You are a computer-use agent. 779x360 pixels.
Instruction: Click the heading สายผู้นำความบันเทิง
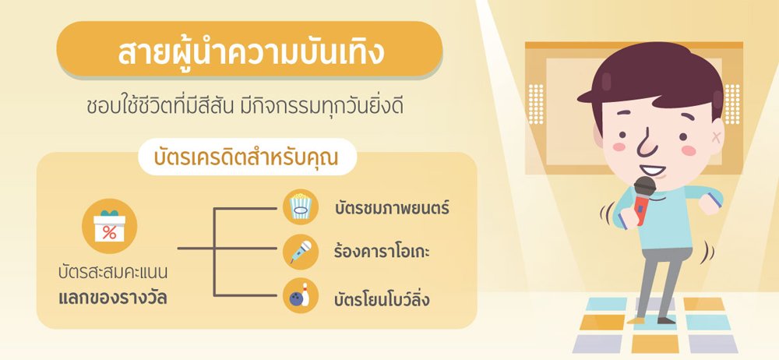[x=251, y=53]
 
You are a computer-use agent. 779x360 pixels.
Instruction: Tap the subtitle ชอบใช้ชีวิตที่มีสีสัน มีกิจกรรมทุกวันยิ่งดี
[x=245, y=108]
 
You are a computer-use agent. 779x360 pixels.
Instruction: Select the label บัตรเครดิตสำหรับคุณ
[x=246, y=157]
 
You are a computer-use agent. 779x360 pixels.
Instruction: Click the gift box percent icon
[x=109, y=226]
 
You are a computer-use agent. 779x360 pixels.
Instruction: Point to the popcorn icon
[x=300, y=206]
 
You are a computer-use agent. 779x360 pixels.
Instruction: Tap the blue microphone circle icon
[x=300, y=252]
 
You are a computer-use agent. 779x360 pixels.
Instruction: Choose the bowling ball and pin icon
[x=300, y=296]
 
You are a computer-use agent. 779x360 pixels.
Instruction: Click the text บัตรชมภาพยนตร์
[x=392, y=208]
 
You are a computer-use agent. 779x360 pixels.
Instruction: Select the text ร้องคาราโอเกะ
[x=382, y=252]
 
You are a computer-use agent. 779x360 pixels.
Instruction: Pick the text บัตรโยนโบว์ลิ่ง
[x=382, y=300]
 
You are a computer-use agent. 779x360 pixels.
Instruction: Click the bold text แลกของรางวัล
[x=112, y=298]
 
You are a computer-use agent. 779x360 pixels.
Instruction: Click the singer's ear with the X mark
[x=715, y=136]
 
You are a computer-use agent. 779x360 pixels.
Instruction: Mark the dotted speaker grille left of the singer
[x=536, y=104]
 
